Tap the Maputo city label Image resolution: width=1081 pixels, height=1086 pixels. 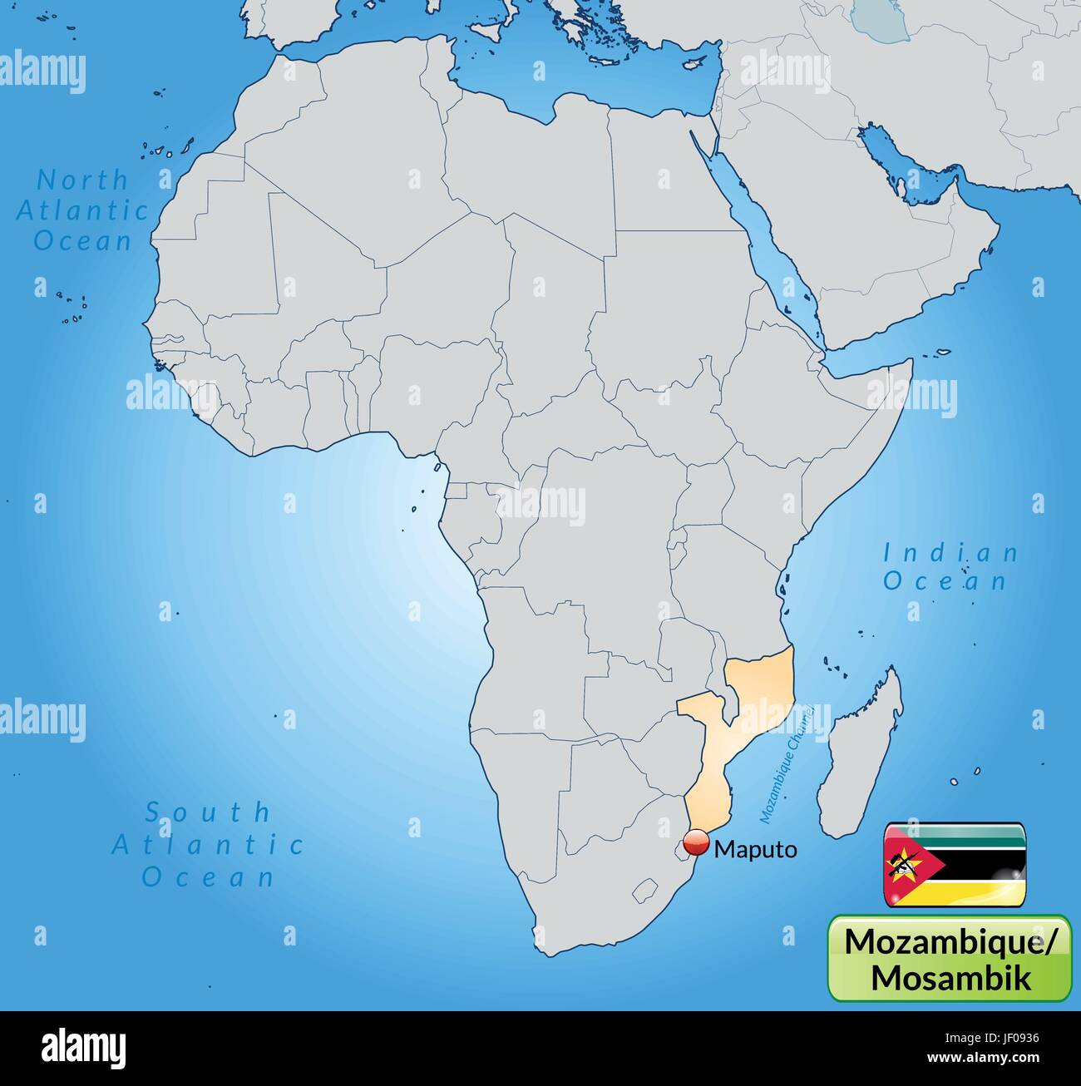[755, 849]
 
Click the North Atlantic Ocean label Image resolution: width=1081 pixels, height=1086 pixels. [82, 210]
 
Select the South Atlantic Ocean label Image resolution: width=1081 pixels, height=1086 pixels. [208, 844]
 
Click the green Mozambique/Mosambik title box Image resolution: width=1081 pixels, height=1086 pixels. [950, 958]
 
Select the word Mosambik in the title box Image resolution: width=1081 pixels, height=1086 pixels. [950, 976]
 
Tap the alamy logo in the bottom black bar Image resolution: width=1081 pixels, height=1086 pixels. [82, 1046]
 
